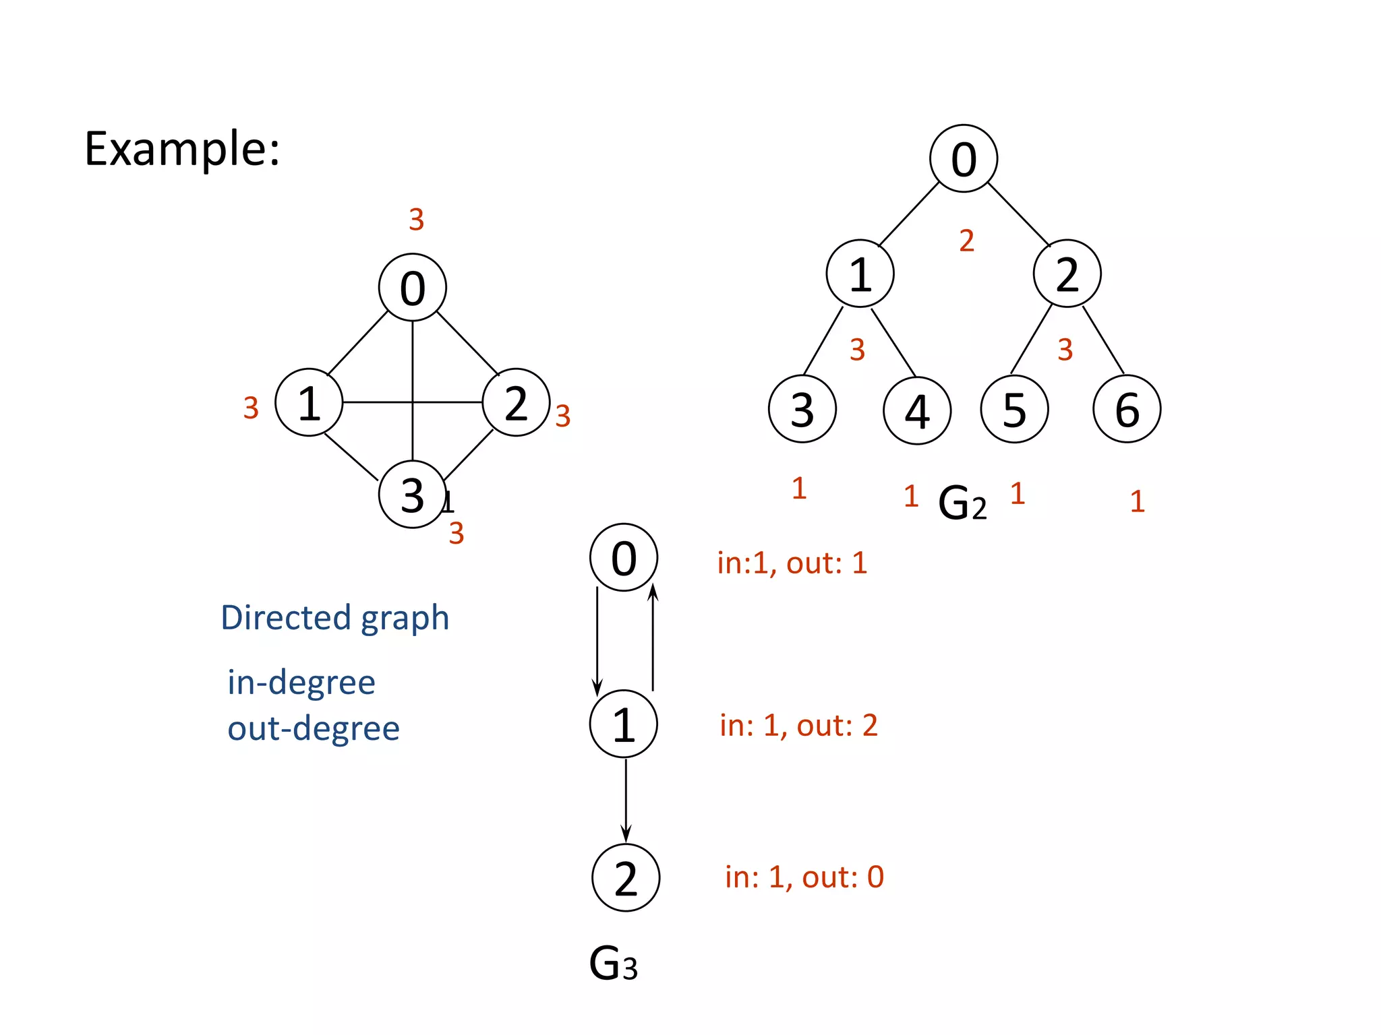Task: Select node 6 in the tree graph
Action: [1127, 409]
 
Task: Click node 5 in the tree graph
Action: [1014, 409]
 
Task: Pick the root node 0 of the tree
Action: [964, 159]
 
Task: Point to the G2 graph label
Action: [962, 503]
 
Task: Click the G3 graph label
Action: [613, 963]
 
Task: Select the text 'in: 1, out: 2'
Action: [798, 725]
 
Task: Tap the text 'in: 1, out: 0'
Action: [804, 877]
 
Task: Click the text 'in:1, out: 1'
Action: [792, 563]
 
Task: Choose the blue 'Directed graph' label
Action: [334, 617]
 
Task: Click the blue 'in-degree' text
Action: [301, 682]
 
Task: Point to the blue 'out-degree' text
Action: [314, 728]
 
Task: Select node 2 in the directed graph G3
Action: [626, 878]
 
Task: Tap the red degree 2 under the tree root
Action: [966, 241]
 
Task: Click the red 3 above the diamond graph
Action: [416, 220]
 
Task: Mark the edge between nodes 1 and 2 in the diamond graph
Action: [378, 402]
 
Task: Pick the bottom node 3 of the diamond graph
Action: [412, 495]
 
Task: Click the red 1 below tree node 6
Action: [1137, 501]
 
